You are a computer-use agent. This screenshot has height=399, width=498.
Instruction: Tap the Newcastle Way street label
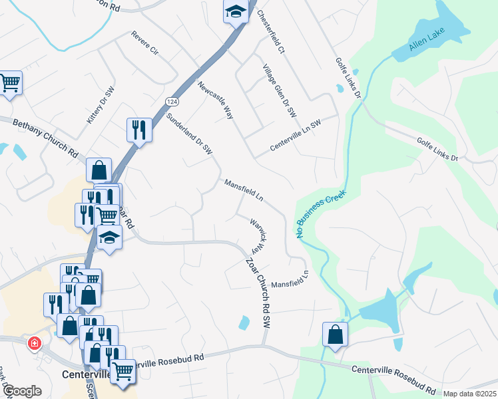pos(215,100)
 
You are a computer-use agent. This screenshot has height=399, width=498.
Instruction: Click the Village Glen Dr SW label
pos(279,92)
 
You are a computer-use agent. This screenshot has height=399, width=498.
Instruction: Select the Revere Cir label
pos(144,43)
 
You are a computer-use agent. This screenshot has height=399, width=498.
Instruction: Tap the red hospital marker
pos(33,344)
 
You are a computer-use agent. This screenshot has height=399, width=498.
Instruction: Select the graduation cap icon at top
pos(235,11)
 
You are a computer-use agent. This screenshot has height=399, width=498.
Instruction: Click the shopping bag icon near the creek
pos(335,334)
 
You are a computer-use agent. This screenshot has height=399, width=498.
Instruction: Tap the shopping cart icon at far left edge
pos(9,83)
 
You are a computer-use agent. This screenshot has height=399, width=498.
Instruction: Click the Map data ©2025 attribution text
pos(469,394)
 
